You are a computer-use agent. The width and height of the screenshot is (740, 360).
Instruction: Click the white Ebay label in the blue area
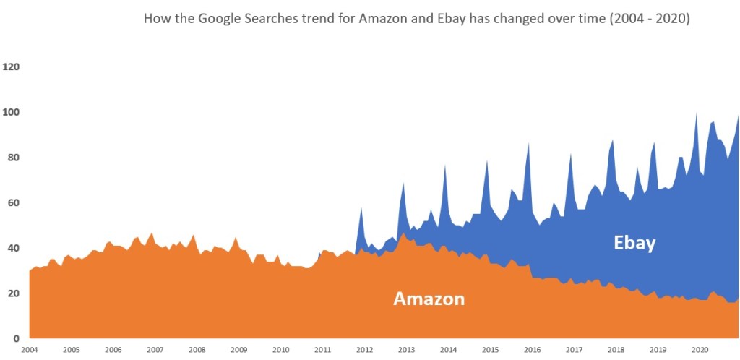[x=634, y=243]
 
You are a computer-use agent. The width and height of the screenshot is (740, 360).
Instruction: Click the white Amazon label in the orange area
[x=429, y=299]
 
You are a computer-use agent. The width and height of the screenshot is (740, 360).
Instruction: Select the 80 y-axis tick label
[x=13, y=157]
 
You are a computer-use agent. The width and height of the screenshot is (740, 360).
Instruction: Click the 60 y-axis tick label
[x=13, y=202]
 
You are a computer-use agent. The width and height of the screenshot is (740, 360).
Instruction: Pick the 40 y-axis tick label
[x=13, y=248]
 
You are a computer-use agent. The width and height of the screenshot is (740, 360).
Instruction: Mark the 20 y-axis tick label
[x=13, y=293]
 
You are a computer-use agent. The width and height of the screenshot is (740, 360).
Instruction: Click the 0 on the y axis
[x=15, y=338]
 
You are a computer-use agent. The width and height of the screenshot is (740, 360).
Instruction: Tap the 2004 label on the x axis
[x=29, y=350]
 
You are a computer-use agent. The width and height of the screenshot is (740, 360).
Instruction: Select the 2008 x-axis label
[x=197, y=350]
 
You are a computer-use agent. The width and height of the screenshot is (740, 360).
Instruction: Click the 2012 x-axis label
[x=364, y=350]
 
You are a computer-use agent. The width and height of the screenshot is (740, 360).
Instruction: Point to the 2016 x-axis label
[x=532, y=350]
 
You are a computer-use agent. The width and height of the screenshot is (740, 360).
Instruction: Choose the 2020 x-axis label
[x=700, y=350]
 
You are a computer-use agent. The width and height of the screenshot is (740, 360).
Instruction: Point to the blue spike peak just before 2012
[x=361, y=209]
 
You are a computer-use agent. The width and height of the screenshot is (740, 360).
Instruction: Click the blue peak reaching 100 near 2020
[x=697, y=113]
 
